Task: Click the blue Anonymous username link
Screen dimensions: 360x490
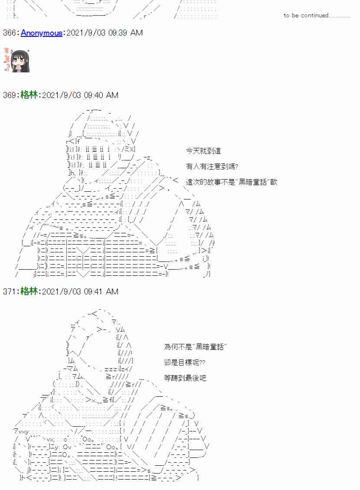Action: tap(41, 33)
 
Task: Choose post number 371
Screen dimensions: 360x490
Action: tap(10, 291)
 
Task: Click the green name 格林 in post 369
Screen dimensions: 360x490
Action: tap(29, 95)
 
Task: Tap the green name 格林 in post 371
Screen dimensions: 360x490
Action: tap(29, 291)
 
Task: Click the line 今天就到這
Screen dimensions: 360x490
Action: tap(203, 151)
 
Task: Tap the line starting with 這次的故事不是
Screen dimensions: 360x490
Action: tap(231, 182)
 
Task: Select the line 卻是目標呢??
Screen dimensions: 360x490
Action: tap(185, 363)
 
